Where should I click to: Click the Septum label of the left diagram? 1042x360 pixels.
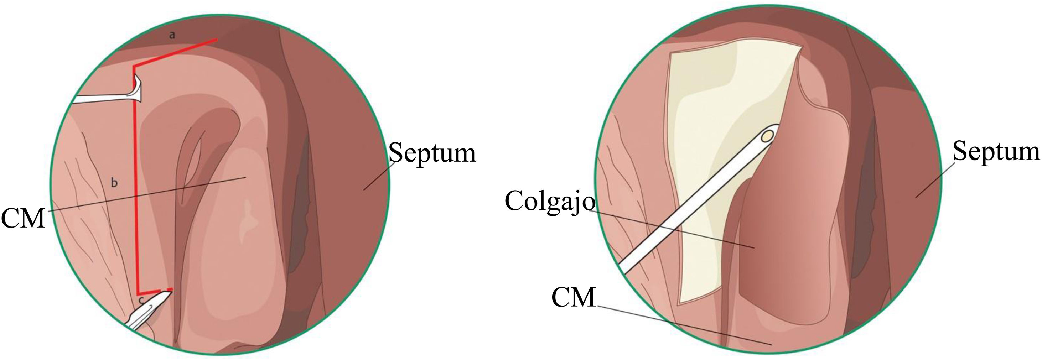click(x=432, y=153)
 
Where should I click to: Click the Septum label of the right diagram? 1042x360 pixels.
click(x=996, y=152)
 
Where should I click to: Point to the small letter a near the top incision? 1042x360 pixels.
click(x=172, y=36)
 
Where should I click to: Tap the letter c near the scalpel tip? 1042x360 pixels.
click(x=141, y=301)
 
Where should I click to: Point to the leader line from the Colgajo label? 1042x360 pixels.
click(x=672, y=229)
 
